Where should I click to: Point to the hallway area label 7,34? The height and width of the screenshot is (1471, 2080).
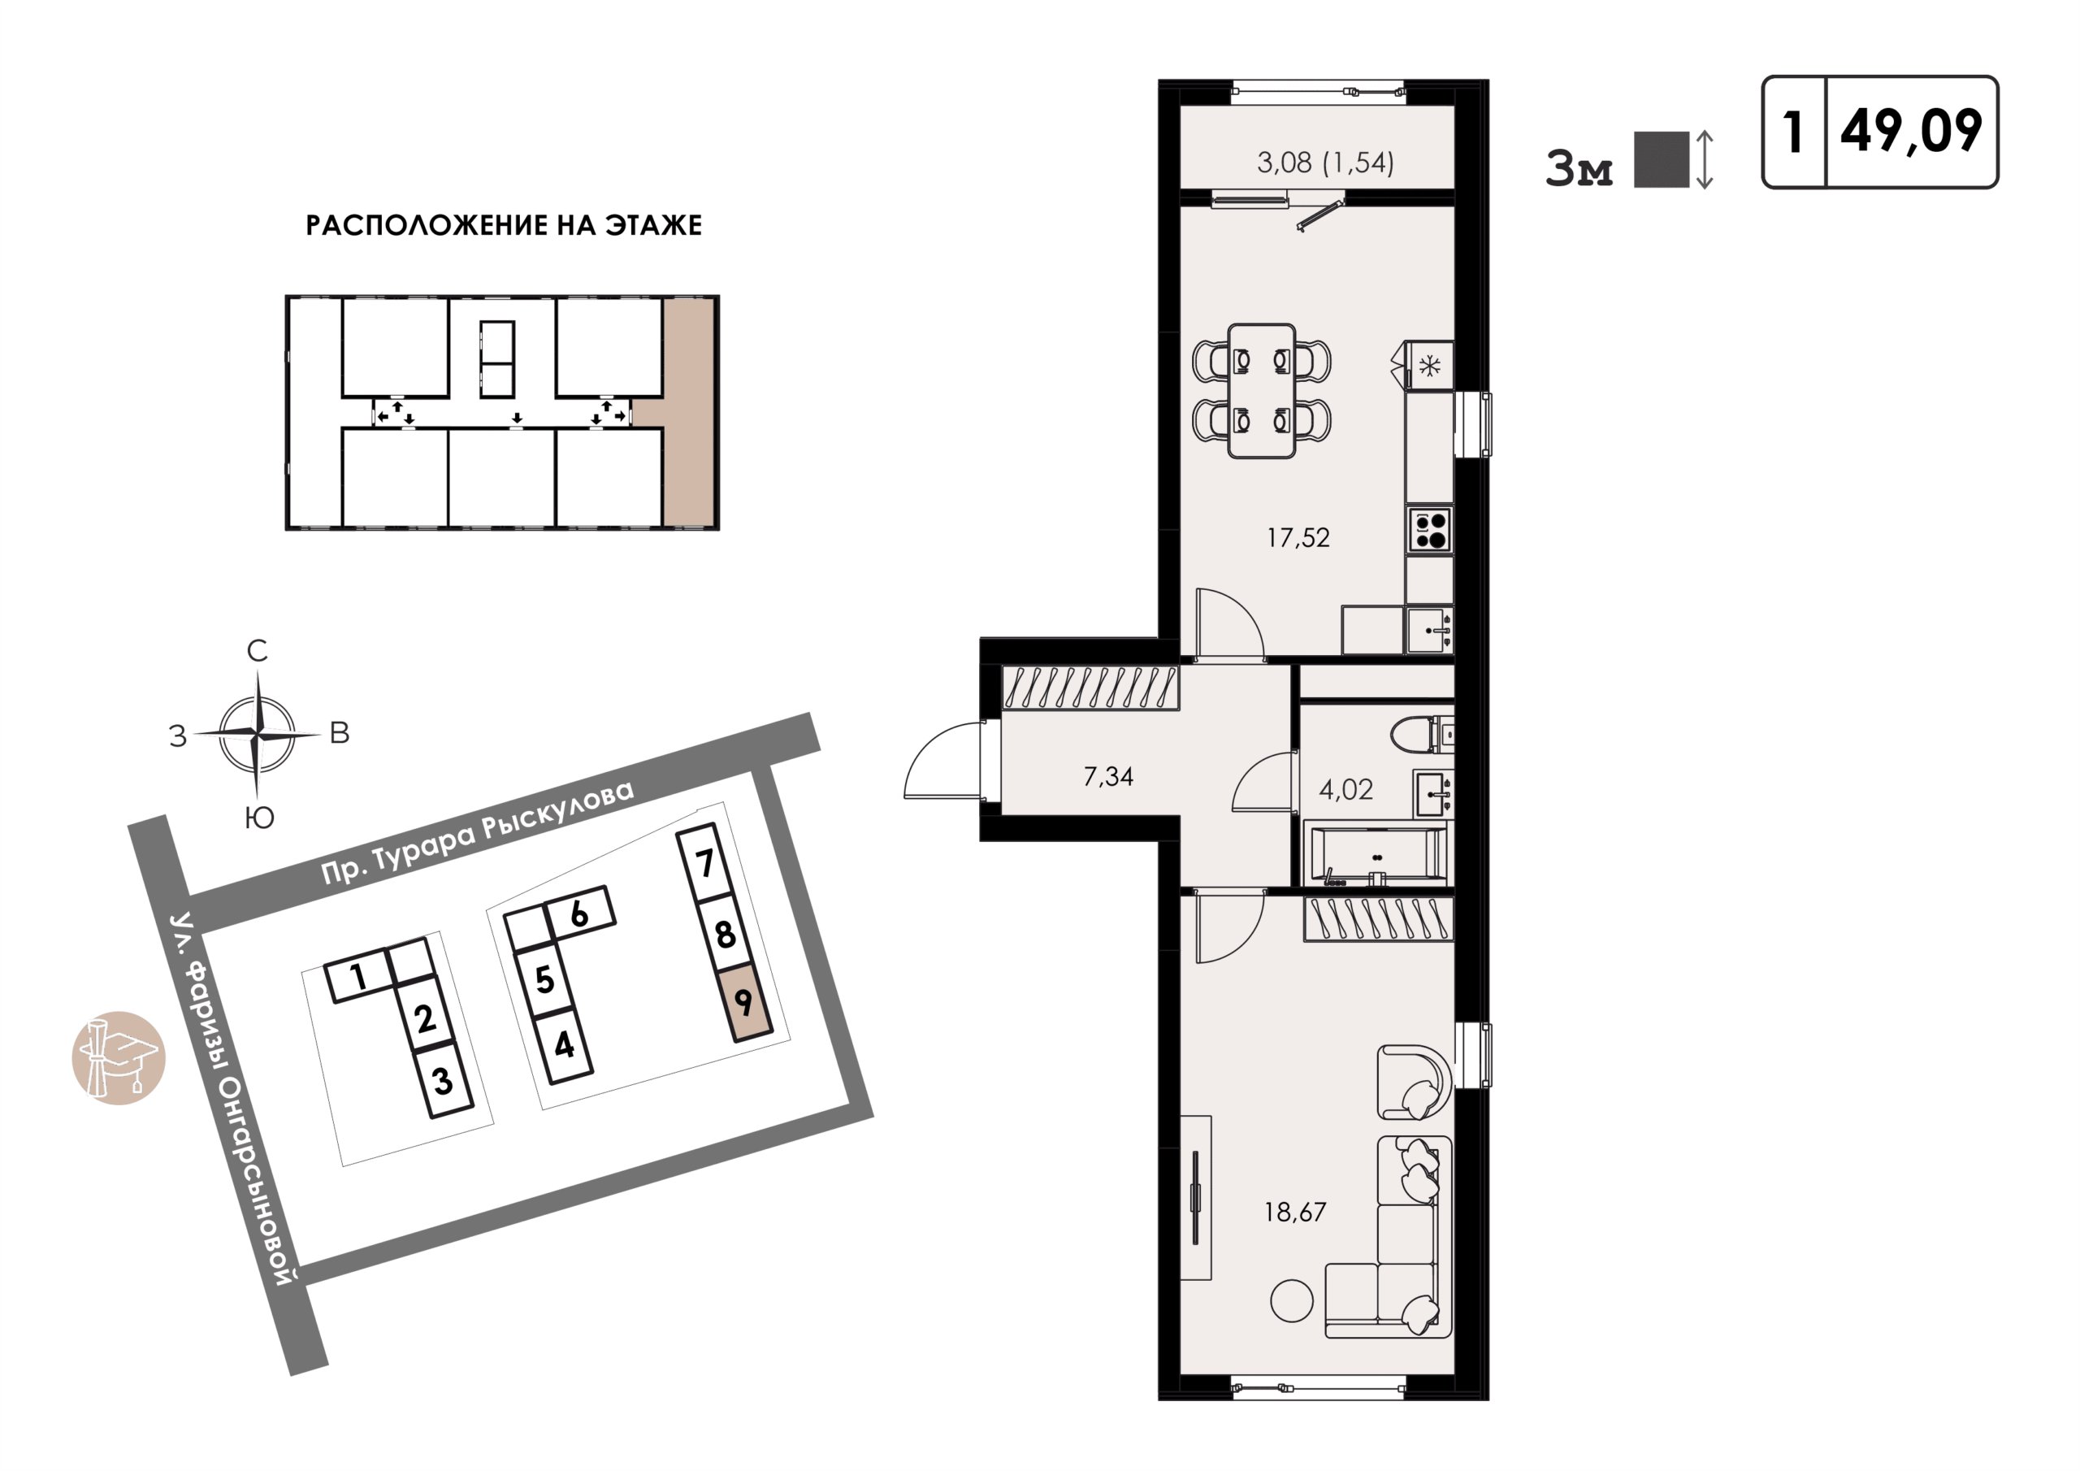coord(1108,777)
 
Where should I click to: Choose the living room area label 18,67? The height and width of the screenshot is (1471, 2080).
coord(1294,1213)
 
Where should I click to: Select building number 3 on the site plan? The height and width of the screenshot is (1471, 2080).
coord(442,1080)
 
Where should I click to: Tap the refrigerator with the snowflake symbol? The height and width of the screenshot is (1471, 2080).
coord(1428,365)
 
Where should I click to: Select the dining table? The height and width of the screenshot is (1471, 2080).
coord(1261,392)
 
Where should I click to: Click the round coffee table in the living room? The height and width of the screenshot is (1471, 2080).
coord(1292,1301)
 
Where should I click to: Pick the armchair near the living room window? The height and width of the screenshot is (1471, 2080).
coord(1414,1083)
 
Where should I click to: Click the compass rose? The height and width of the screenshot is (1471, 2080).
coord(258,732)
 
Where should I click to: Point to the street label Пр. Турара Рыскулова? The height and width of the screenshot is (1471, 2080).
coord(478,831)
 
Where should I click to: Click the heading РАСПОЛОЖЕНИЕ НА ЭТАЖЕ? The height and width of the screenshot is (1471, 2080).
coord(504,226)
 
